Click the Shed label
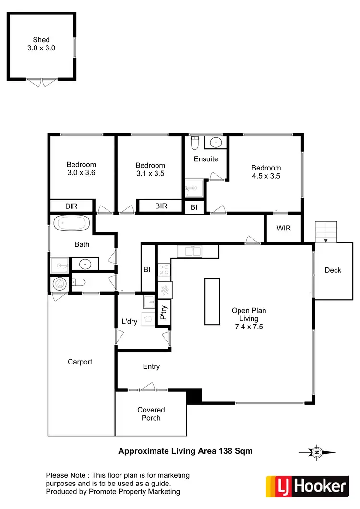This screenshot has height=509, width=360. coord(41,40)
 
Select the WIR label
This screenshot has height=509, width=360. coord(284,228)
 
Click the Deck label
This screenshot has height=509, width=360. coord(333,270)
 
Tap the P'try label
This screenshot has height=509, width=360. coord(164,313)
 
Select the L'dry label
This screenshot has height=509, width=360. coord(130,321)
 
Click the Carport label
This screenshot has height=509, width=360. coord(80,362)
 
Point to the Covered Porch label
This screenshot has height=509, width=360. coord(151,414)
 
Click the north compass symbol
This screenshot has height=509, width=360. coord(316,452)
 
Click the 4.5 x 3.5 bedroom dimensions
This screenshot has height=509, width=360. coord(266,176)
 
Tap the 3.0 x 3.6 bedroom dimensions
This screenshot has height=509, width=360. coord(81,173)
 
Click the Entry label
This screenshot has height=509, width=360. coord(151,366)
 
